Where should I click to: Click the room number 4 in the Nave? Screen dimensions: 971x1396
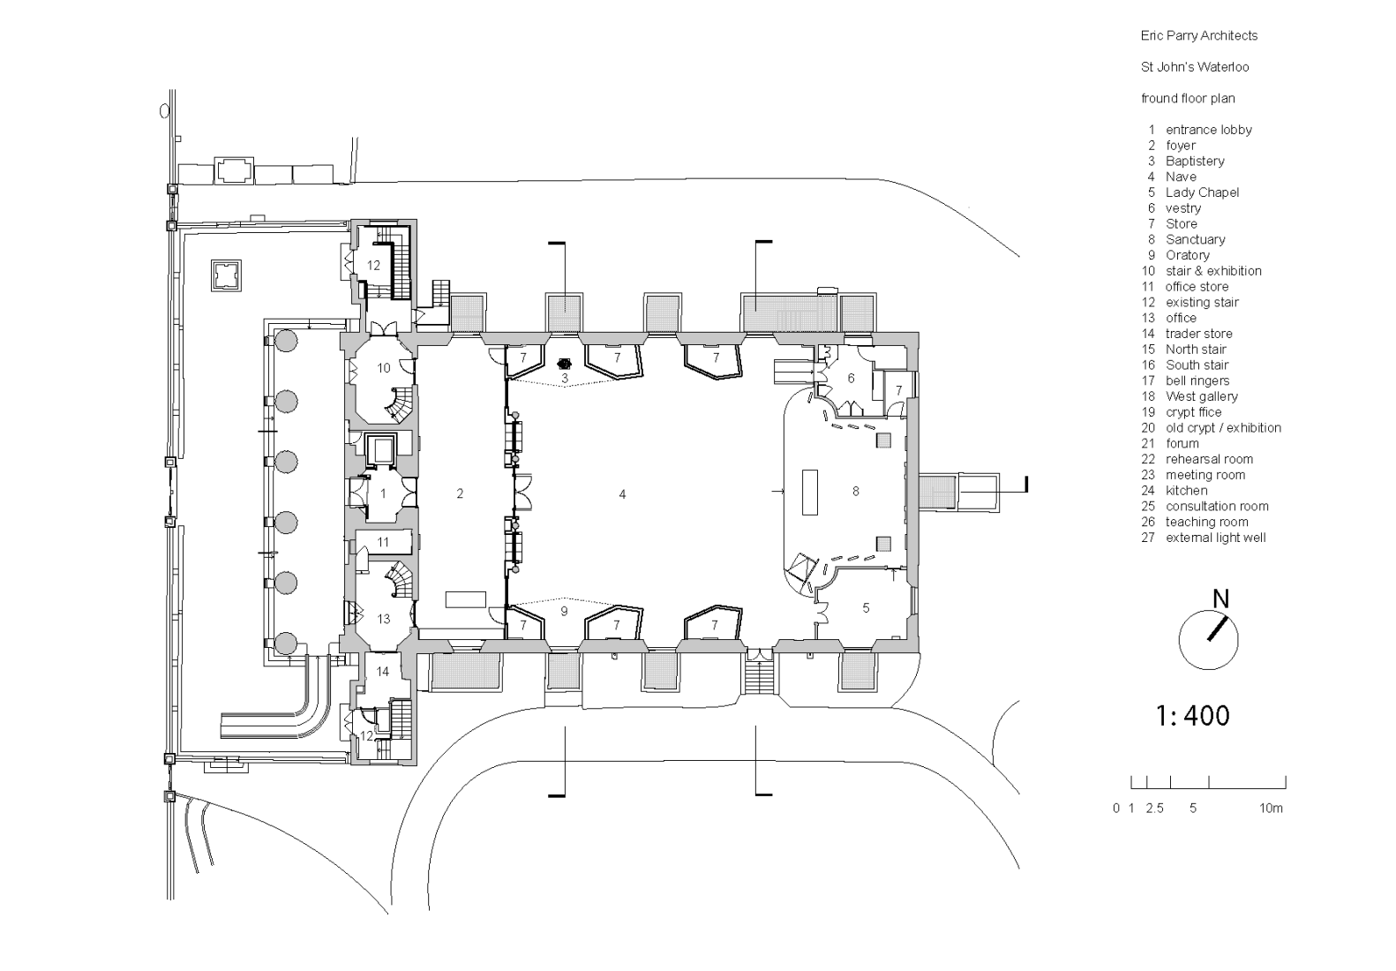point(622,494)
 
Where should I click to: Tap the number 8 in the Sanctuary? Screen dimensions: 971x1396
point(855,491)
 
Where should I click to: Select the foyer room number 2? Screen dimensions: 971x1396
point(460,493)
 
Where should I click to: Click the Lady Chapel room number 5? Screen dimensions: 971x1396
point(866,607)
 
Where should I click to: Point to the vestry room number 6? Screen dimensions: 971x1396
point(851,378)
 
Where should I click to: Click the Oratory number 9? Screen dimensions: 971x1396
point(564,611)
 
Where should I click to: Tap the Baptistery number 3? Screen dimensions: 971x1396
point(566,378)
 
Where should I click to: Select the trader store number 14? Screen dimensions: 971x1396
point(383,671)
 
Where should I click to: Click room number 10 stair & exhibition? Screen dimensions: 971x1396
point(384,367)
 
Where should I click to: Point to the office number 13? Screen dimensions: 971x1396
point(383,618)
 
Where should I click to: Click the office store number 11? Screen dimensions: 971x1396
point(383,542)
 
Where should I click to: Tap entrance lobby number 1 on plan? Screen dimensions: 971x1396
point(383,493)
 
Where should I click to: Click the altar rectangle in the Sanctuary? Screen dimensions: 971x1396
point(809,492)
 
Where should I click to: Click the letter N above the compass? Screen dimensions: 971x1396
point(1220,598)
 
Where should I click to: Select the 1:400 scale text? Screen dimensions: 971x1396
point(1192,714)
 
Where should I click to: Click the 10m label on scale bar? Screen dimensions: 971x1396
point(1271,808)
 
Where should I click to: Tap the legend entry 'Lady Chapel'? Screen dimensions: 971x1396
point(1202,192)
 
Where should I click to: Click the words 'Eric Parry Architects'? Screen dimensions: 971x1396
point(1198,35)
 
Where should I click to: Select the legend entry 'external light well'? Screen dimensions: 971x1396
point(1215,538)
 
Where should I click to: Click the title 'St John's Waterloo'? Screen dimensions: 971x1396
point(1195,67)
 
